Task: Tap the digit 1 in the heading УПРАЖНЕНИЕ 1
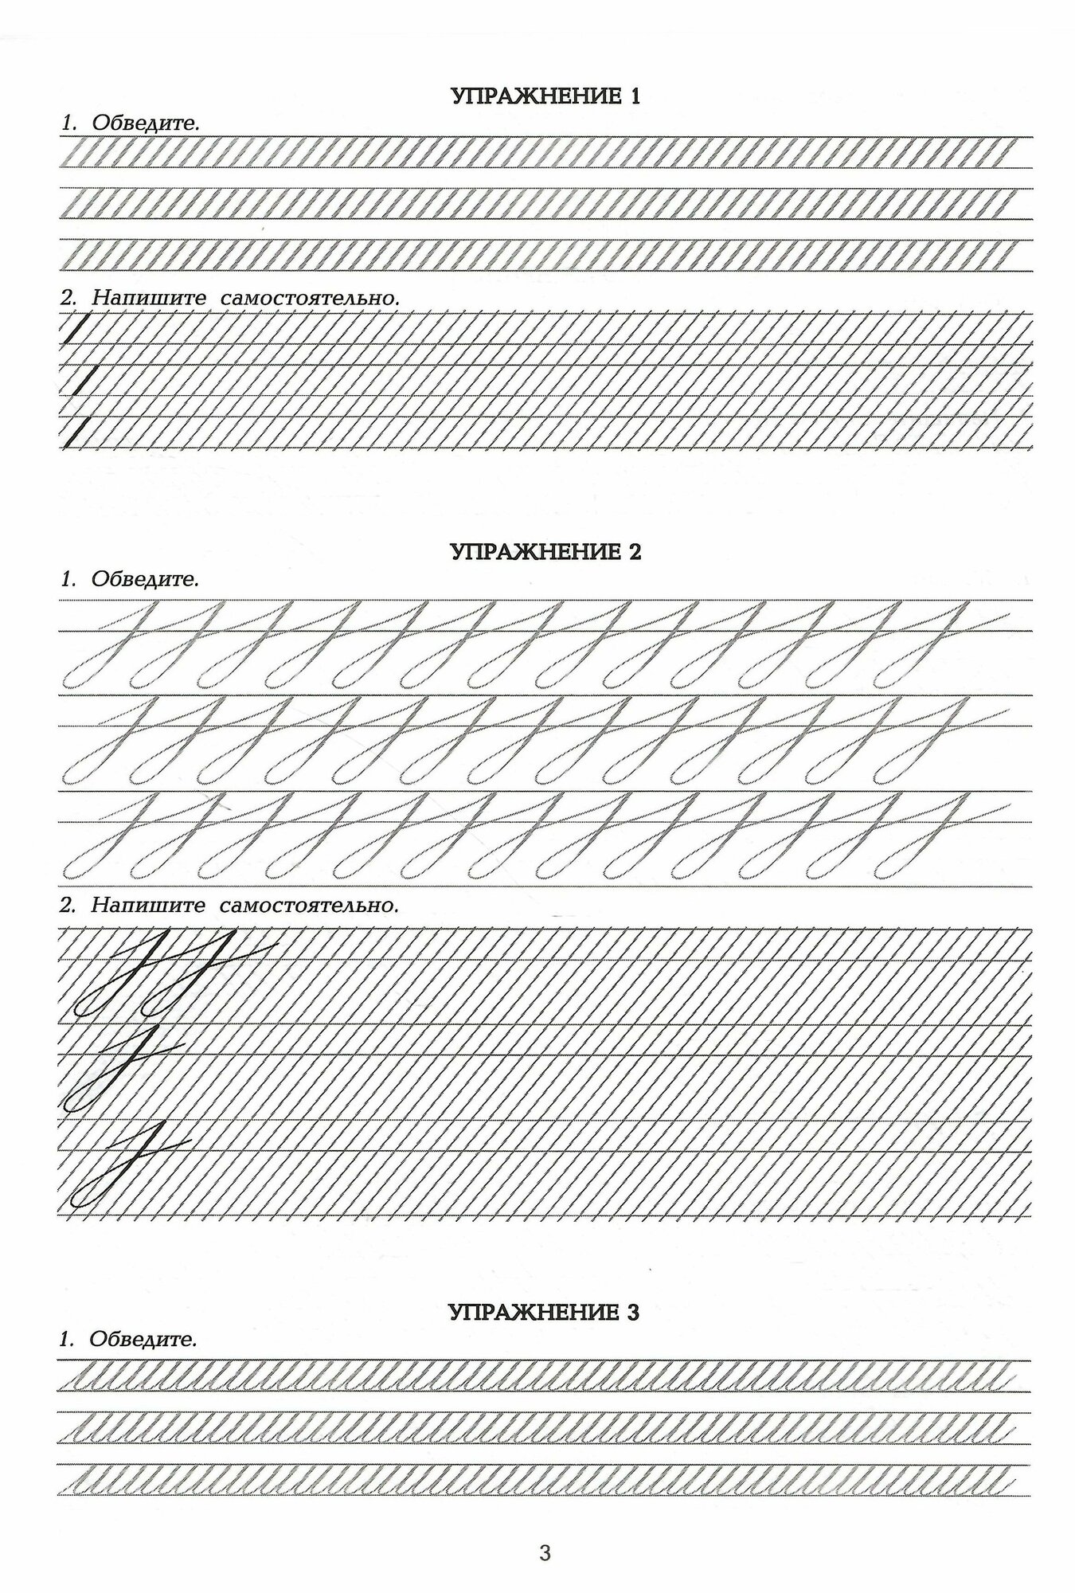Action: [634, 97]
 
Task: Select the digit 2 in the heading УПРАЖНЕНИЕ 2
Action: [634, 552]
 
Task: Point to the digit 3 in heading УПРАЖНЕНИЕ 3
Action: [633, 1312]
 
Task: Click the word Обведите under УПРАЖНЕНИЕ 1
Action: [145, 123]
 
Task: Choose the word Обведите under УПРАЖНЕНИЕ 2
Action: [145, 579]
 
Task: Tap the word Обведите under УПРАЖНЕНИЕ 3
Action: [143, 1340]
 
